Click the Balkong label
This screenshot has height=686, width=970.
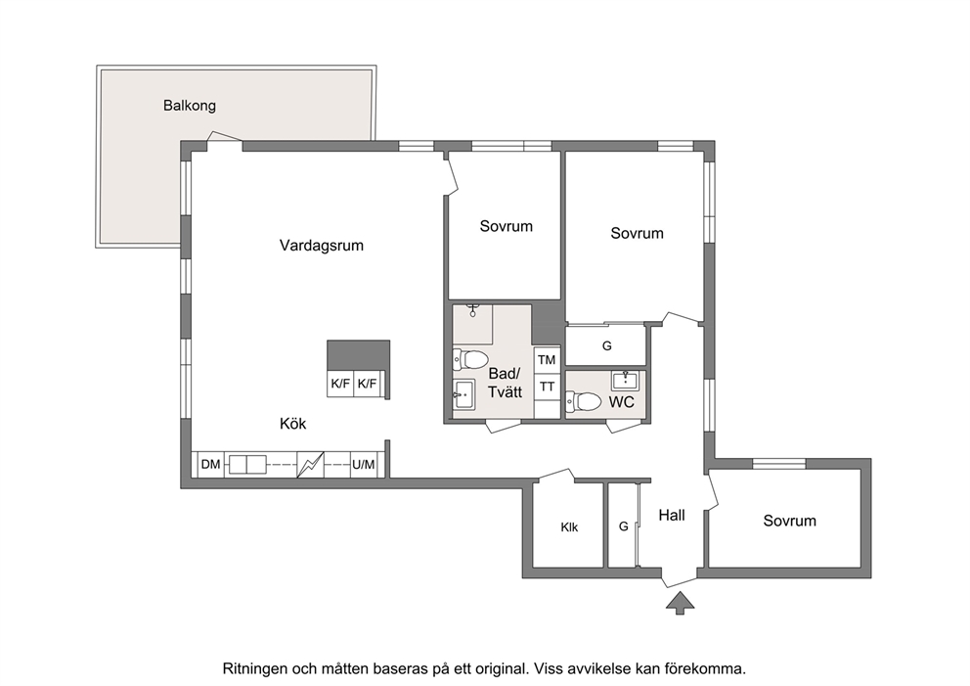click(190, 106)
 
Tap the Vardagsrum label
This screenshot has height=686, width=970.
click(321, 246)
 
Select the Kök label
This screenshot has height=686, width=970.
click(292, 424)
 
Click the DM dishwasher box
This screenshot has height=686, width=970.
click(210, 465)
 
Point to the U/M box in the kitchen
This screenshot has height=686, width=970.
click(363, 465)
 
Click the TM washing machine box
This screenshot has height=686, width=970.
click(547, 360)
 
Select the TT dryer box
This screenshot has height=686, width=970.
click(547, 387)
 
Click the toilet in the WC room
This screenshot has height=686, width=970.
click(584, 401)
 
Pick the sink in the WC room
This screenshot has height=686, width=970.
click(626, 379)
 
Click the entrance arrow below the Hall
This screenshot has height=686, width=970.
click(680, 603)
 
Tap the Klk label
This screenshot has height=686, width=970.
click(569, 527)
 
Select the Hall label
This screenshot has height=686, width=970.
click(671, 515)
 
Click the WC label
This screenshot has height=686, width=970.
click(621, 402)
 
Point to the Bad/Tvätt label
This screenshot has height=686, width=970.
click(505, 383)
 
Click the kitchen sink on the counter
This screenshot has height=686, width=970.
click(246, 465)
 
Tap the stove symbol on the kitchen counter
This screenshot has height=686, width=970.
click(311, 465)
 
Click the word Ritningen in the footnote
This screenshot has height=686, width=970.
click(254, 669)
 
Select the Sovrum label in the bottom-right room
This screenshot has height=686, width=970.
click(789, 521)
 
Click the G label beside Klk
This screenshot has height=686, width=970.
click(624, 526)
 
